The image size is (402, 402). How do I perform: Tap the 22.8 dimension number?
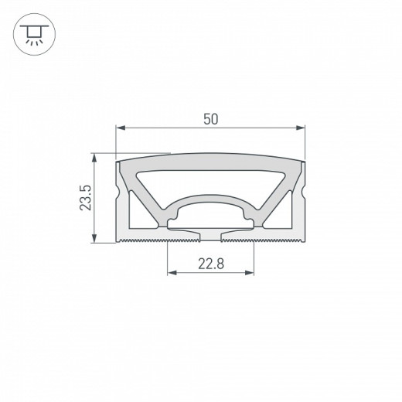click(210, 264)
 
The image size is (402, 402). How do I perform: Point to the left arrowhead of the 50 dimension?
click(120, 128)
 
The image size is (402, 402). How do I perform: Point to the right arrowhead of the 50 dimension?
click(301, 128)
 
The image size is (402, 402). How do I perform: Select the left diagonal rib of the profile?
click(149, 192)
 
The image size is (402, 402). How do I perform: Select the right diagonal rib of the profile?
click(272, 192)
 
